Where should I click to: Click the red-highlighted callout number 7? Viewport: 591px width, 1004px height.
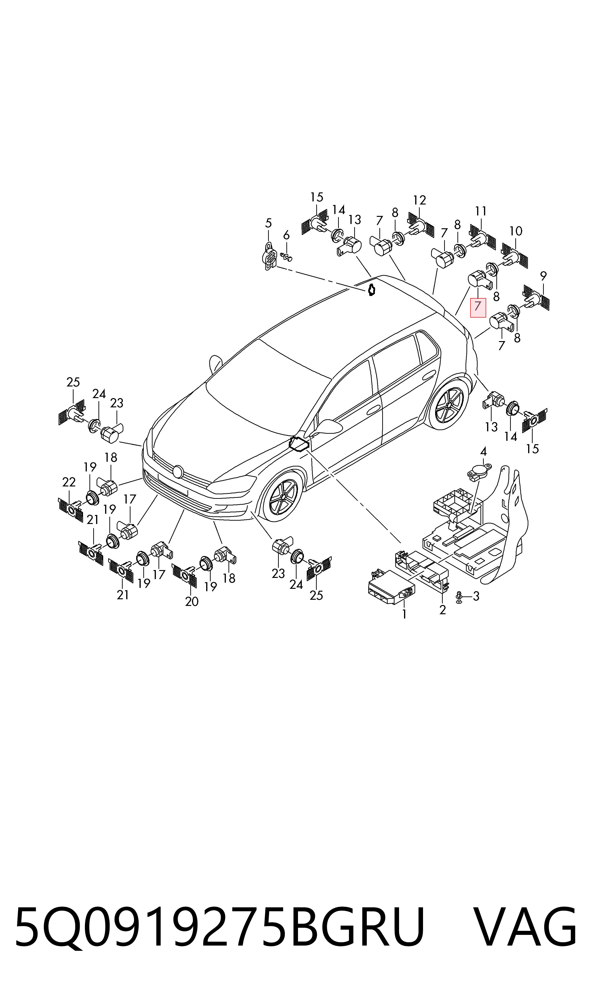pyautogui.click(x=478, y=307)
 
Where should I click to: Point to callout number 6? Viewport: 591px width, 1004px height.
pyautogui.click(x=286, y=236)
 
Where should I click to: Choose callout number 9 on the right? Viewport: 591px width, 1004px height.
pyautogui.click(x=543, y=276)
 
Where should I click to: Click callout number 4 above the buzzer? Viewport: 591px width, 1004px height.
pyautogui.click(x=484, y=452)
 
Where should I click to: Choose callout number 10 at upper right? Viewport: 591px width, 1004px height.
pyautogui.click(x=516, y=231)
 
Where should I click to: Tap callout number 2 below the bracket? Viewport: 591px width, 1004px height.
pyautogui.click(x=442, y=610)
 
